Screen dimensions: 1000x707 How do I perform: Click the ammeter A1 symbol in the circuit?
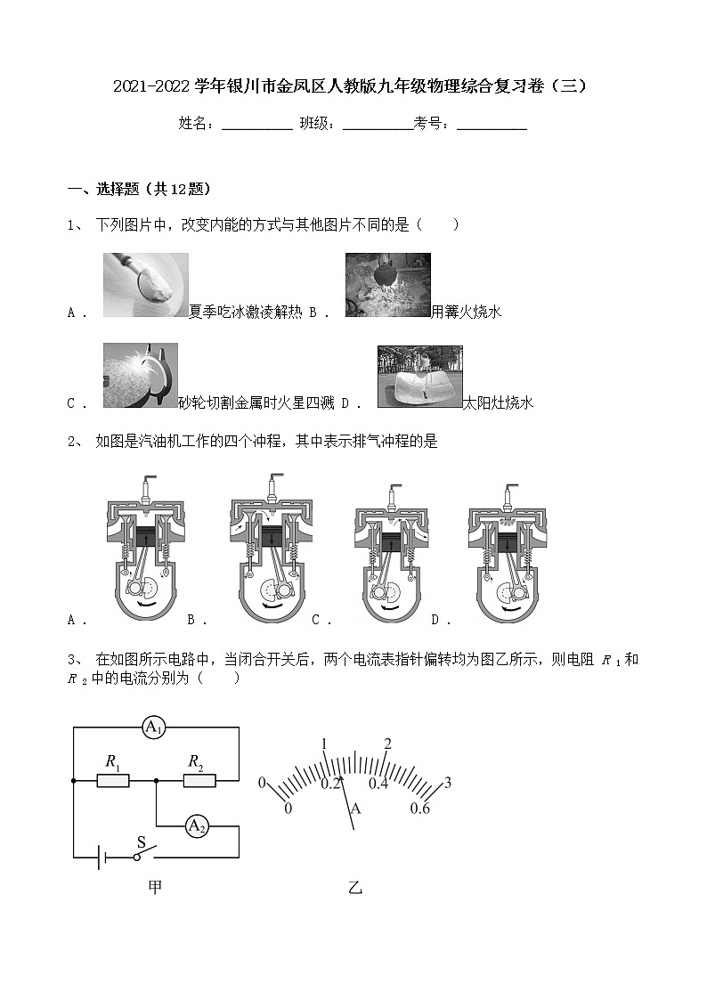154,728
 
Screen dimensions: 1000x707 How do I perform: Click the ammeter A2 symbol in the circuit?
197,826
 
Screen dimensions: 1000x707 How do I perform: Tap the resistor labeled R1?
113,781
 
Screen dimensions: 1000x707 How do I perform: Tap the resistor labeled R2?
199,781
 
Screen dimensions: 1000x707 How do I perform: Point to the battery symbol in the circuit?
104,857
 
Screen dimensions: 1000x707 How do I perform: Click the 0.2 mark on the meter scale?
331,784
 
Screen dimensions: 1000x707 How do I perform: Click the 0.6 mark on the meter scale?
420,808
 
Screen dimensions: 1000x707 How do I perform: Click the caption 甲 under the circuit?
155,887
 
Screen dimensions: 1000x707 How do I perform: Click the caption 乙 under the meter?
355,888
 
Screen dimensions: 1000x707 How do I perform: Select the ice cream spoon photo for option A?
145,285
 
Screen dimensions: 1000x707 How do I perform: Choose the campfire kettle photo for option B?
387,285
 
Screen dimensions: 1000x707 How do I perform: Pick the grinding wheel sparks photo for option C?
140,376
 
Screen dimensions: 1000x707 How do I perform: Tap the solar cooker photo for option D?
419,377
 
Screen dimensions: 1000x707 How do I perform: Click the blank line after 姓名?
256,125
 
